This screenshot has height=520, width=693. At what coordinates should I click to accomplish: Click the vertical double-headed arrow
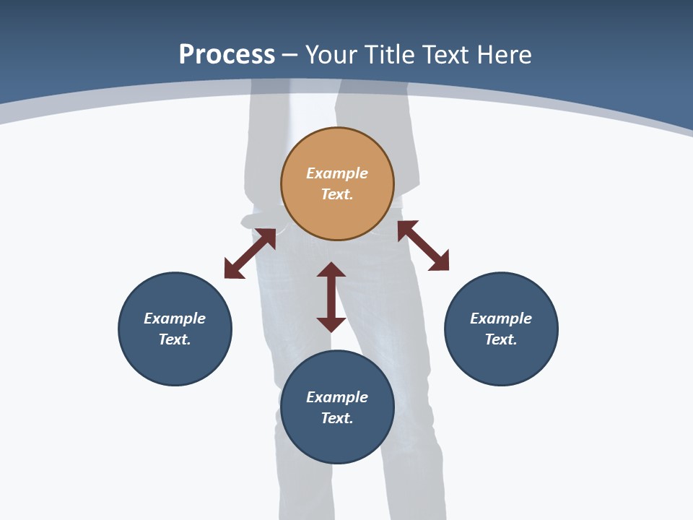point(331,297)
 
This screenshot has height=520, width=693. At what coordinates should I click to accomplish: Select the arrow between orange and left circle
point(250,253)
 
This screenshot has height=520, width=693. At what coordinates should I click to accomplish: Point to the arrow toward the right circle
point(423,246)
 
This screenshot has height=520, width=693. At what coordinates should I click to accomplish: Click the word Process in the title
point(227,54)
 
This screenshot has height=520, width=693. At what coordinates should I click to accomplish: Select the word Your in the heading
point(333,54)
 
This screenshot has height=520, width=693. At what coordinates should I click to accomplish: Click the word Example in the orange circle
point(337,173)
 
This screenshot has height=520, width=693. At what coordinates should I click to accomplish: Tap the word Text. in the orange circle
point(337,194)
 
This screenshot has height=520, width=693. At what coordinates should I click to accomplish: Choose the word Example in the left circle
point(175,318)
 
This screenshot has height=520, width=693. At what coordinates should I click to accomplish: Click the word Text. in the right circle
point(501,339)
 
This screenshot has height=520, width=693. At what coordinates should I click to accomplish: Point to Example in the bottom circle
point(337,397)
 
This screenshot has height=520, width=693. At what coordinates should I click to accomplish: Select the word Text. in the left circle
point(175,339)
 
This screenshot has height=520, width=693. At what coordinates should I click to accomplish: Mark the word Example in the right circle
point(501,318)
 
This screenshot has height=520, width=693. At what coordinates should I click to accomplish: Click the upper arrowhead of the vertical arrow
point(331,269)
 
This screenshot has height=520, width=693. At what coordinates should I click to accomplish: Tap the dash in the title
point(290,54)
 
